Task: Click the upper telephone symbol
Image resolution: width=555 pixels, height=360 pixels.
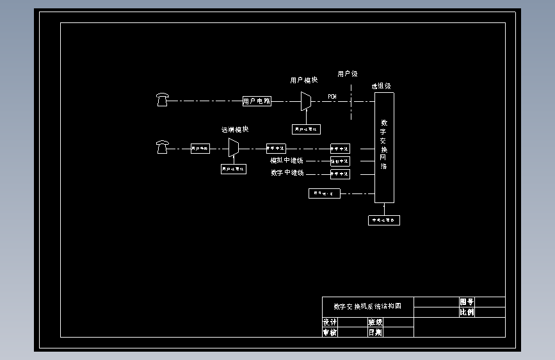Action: point(162,99)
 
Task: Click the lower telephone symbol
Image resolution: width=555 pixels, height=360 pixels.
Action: point(162,147)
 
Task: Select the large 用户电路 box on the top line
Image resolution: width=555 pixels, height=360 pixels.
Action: point(257,101)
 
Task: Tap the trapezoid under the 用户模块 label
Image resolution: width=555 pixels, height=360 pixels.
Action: point(306,101)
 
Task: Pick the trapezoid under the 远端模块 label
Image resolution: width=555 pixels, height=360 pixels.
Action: point(234,148)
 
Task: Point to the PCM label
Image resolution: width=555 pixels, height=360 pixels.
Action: point(332,96)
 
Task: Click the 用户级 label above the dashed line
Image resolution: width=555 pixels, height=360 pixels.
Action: point(348,74)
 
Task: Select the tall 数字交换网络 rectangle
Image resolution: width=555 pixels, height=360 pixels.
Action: point(384,147)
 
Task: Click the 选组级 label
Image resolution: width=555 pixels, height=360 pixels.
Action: point(381,85)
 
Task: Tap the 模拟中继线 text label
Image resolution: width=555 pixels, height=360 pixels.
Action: point(287,160)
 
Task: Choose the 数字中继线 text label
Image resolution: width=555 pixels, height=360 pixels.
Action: point(287,173)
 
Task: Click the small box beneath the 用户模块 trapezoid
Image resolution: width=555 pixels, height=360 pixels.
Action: point(306,129)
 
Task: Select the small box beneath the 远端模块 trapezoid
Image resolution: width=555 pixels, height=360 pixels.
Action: point(234,169)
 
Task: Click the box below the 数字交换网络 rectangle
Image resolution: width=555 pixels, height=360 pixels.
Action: point(384,220)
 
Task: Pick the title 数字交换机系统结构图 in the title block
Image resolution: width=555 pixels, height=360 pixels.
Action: point(367,306)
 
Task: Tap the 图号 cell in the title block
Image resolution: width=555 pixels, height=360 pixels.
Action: point(467,302)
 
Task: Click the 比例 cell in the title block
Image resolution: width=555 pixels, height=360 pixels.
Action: point(467,313)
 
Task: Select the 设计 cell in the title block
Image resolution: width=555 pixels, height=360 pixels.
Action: point(330,322)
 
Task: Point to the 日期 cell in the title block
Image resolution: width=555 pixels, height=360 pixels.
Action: point(375,332)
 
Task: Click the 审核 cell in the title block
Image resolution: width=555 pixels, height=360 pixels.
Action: point(330,332)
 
